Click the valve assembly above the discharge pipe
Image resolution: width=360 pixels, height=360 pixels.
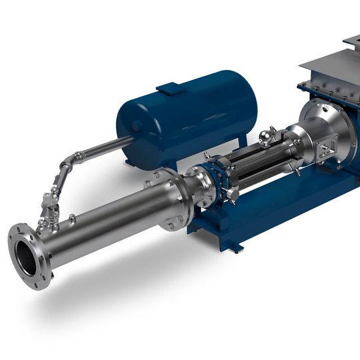tap(49, 203)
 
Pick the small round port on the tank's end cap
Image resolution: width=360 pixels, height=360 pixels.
tap(137, 125)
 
